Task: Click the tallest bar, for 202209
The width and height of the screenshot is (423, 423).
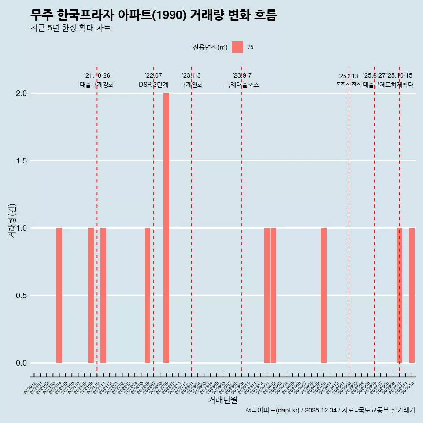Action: tap(166, 228)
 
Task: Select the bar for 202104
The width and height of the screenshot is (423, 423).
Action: tap(59, 295)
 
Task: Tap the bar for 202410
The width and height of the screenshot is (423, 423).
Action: tap(323, 295)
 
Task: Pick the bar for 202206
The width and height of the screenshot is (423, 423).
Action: tap(147, 295)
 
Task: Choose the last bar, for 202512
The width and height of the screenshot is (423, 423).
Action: tap(412, 295)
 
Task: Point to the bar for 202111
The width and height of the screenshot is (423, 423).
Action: tap(103, 295)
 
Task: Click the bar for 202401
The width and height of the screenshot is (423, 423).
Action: tap(267, 295)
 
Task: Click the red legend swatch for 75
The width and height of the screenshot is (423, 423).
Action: tap(237, 47)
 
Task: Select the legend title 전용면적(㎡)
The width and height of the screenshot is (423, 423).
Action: tap(210, 47)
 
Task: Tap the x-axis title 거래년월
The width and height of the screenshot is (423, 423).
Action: tap(223, 400)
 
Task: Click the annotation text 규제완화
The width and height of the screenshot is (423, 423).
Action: tap(191, 85)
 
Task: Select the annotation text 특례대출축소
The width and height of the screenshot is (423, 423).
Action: tap(242, 85)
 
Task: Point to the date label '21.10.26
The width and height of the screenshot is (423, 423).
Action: tap(97, 76)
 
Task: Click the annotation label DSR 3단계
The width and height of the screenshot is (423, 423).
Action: tap(153, 85)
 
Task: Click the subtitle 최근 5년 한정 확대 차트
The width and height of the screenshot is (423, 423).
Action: tap(70, 28)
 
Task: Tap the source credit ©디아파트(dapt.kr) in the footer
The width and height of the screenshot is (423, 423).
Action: tap(273, 411)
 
